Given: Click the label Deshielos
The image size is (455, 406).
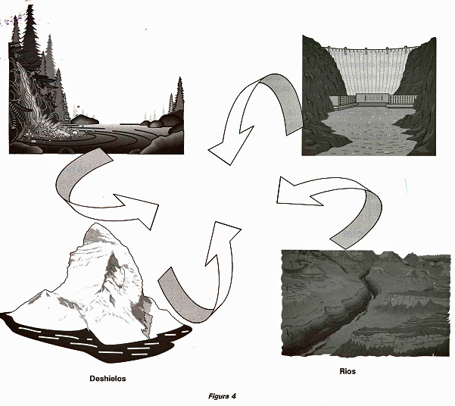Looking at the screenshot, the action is [x=108, y=379].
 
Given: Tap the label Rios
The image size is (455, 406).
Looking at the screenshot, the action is [x=347, y=371].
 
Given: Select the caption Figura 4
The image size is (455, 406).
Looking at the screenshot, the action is [x=222, y=396].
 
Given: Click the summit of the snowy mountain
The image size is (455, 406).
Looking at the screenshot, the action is [x=95, y=224].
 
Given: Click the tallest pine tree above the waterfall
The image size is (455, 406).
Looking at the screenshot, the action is [x=30, y=32].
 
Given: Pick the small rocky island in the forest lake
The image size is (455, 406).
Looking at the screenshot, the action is [x=84, y=120].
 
